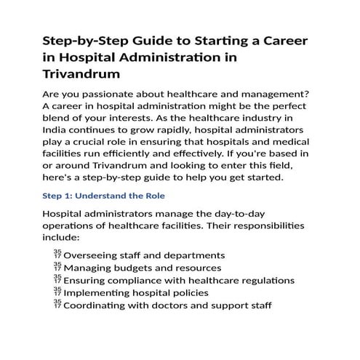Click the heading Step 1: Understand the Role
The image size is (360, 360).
104,196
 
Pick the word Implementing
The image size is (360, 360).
100,293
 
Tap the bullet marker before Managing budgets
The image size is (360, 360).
57,268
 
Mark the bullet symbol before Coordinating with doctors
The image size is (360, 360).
57,305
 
